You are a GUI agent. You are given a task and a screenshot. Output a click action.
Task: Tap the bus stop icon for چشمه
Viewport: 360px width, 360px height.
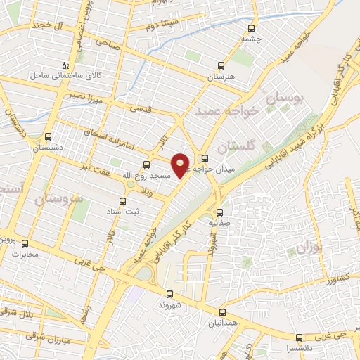point(252,29)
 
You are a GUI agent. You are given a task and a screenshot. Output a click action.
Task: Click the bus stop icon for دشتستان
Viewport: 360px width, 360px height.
point(48,137)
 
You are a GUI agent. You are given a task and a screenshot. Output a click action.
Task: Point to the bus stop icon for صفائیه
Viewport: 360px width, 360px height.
point(219,212)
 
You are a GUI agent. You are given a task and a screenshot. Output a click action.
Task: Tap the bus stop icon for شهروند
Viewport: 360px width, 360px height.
point(169,295)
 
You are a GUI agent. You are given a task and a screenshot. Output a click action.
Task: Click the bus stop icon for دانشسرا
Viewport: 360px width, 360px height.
point(300,337)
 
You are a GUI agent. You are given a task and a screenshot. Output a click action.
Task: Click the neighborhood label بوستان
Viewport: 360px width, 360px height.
point(285,99)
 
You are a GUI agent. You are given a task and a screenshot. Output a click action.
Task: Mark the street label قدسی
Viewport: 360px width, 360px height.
point(139,109)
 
